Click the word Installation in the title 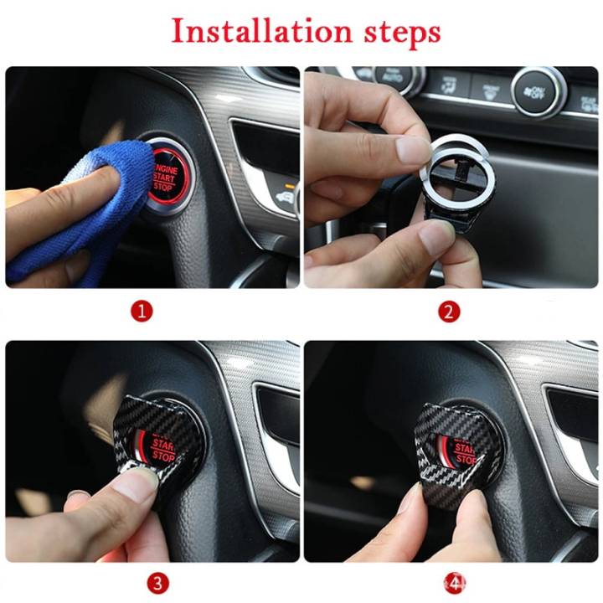(x=250, y=31)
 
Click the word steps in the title (x=394, y=33)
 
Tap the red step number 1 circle (x=142, y=312)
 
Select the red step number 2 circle (x=449, y=312)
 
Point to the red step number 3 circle (x=158, y=581)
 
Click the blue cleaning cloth (x=92, y=201)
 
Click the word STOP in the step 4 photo (x=465, y=460)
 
